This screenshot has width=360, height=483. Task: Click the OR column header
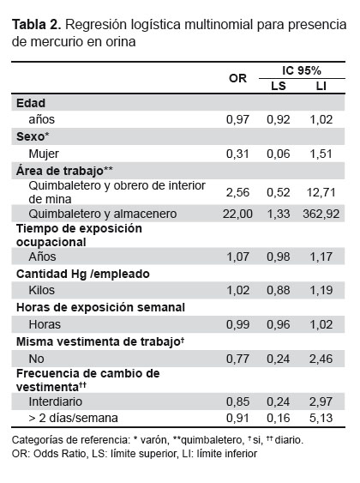click(x=237, y=78)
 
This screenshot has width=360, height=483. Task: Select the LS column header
click(x=279, y=86)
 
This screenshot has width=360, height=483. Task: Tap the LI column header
click(x=321, y=86)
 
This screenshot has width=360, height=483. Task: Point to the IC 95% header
click(x=302, y=70)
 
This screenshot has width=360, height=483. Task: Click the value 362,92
click(x=321, y=214)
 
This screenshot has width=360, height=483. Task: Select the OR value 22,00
click(x=237, y=214)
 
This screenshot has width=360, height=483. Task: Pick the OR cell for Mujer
click(x=237, y=154)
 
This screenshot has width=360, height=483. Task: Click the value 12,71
click(x=321, y=192)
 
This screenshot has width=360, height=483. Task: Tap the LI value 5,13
click(x=321, y=418)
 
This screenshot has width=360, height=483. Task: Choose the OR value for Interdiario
click(x=237, y=401)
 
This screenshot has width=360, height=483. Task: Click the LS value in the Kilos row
click(x=279, y=290)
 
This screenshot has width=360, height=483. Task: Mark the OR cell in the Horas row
click(x=237, y=324)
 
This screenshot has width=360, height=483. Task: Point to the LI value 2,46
click(x=321, y=359)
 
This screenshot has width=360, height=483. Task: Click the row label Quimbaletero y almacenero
click(x=103, y=214)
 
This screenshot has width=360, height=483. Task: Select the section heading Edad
click(x=31, y=103)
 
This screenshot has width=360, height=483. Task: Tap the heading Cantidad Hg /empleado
click(x=83, y=274)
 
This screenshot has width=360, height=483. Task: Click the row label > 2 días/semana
click(x=73, y=418)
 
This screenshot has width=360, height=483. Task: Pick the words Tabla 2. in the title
click(x=37, y=25)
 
